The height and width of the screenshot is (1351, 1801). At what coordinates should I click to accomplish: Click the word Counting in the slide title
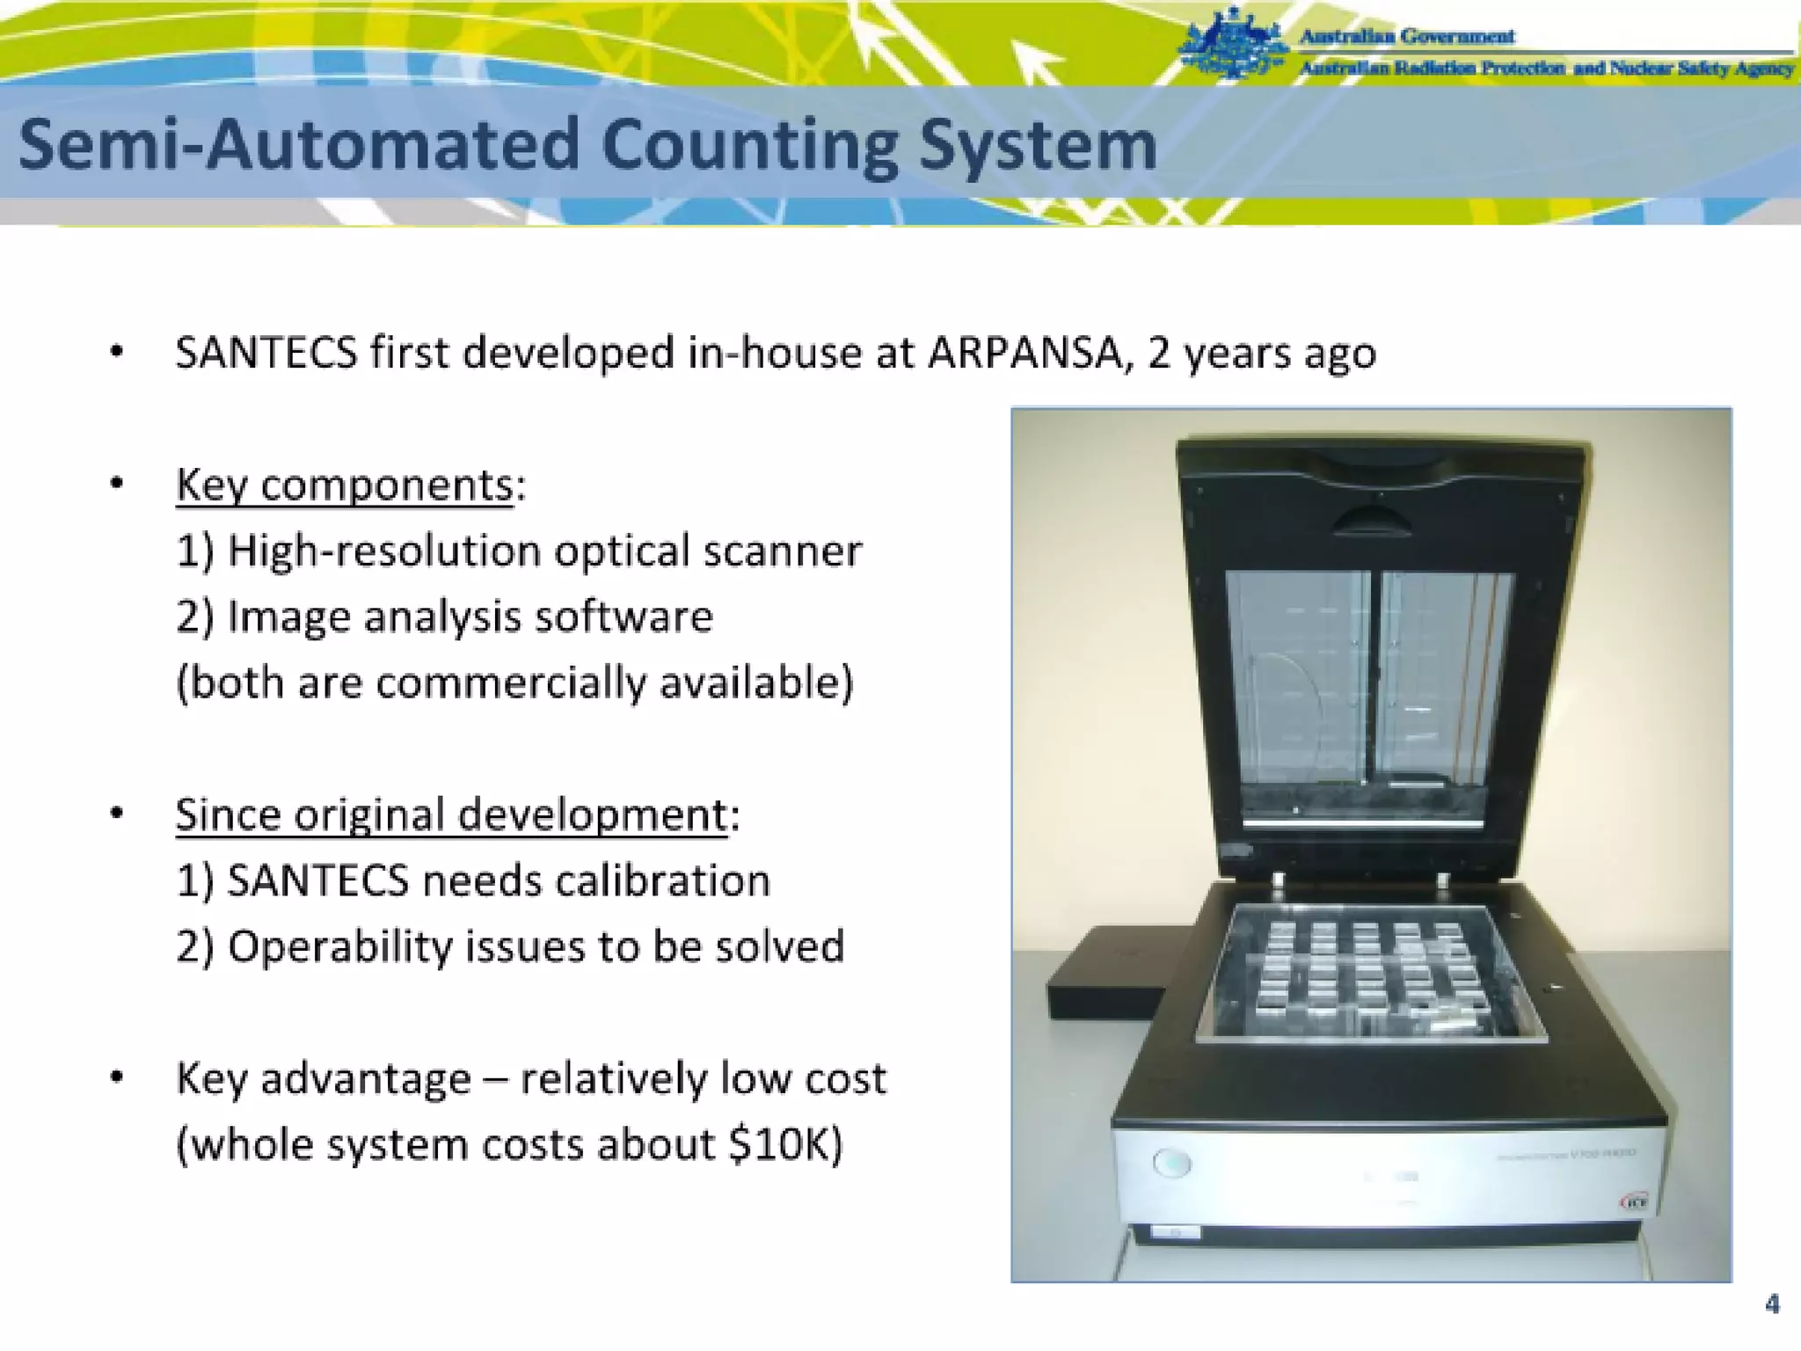click(x=750, y=146)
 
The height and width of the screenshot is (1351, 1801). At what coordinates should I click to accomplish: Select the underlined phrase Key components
click(x=344, y=485)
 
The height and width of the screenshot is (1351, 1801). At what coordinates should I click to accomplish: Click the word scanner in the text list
click(x=783, y=551)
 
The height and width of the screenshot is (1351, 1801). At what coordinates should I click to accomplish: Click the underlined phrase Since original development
click(x=451, y=815)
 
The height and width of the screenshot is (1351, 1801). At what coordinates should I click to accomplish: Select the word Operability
click(x=339, y=947)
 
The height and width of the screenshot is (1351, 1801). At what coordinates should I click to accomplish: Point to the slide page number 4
click(x=1772, y=1304)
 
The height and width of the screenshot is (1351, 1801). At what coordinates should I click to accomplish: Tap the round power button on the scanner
click(x=1171, y=1163)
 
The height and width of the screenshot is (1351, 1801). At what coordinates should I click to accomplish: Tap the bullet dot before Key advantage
click(x=116, y=1077)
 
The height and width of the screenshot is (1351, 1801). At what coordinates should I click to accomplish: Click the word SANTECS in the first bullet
click(x=266, y=354)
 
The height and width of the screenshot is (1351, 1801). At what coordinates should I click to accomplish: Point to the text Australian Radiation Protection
click(x=1433, y=69)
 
